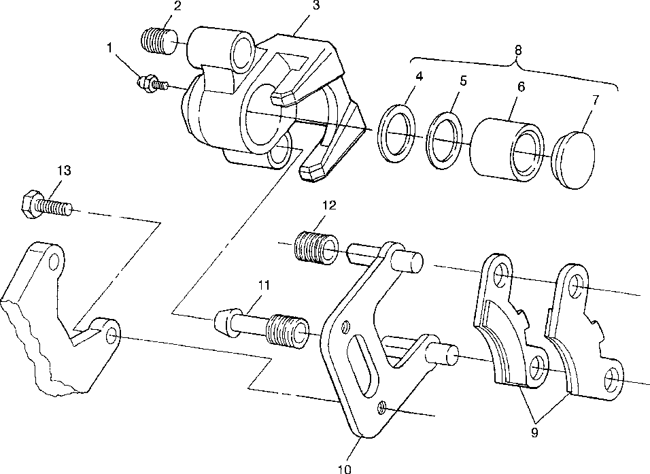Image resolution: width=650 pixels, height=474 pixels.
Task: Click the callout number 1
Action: (x=109, y=49)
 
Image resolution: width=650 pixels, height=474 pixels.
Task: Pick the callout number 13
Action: (x=63, y=171)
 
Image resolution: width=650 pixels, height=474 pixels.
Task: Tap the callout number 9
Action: (x=534, y=431)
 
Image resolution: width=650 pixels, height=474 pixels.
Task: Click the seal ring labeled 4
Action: (x=395, y=133)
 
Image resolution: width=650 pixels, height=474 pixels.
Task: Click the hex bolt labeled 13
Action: (x=44, y=204)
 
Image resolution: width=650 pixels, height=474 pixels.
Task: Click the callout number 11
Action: (x=264, y=286)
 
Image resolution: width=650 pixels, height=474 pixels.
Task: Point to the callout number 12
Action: (x=328, y=205)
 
